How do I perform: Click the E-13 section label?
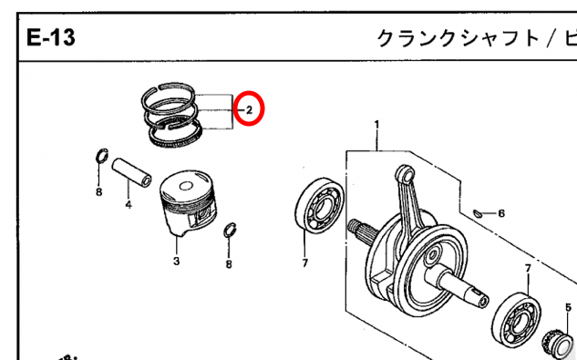(x=51, y=37)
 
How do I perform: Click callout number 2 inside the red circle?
(x=249, y=109)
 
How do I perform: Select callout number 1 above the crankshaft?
(x=376, y=125)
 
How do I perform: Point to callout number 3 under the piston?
(x=176, y=261)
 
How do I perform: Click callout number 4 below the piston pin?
(x=128, y=204)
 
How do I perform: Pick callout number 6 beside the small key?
(x=501, y=213)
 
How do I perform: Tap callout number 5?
(x=568, y=307)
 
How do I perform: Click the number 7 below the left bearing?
(x=304, y=262)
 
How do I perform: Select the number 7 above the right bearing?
(x=528, y=268)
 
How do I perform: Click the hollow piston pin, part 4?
(x=132, y=172)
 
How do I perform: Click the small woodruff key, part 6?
(x=477, y=212)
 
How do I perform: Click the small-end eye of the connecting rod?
(x=405, y=174)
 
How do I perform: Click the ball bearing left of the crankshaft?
(x=319, y=205)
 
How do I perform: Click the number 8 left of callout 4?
(x=98, y=191)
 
